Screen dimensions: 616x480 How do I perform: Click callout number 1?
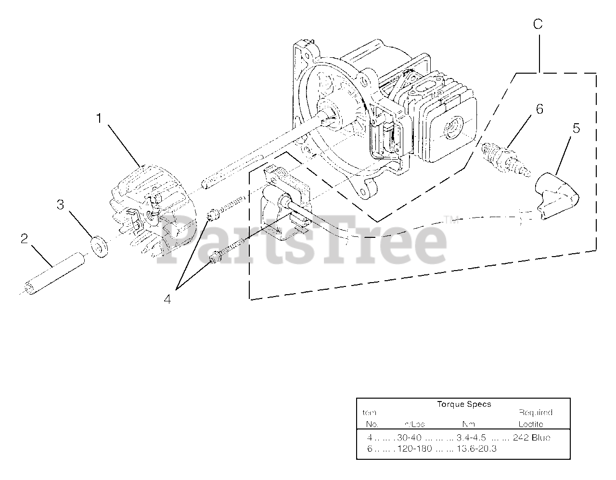[99, 118]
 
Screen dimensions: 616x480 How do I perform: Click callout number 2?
[25, 239]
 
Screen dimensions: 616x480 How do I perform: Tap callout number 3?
[60, 205]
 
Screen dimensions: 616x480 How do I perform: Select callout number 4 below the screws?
[167, 299]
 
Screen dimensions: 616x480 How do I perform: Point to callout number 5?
[576, 129]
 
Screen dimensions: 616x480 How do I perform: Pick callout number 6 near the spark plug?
[539, 109]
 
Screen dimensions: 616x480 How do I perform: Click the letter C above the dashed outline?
[538, 25]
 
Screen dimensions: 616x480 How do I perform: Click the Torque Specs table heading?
[464, 404]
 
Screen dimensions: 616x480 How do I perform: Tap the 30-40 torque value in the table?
[409, 438]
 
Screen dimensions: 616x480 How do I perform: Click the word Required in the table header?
[535, 413]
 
